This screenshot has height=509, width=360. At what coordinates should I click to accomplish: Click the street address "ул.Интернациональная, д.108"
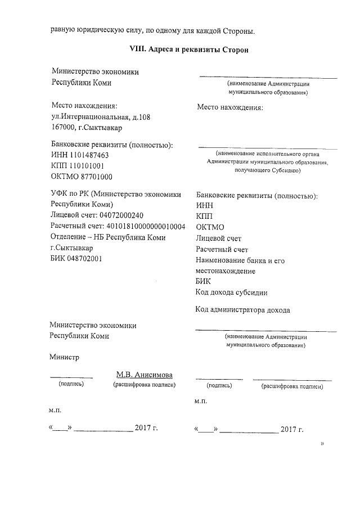pyautogui.click(x=101, y=117)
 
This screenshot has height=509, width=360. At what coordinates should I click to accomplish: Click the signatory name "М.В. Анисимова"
pyautogui.click(x=145, y=375)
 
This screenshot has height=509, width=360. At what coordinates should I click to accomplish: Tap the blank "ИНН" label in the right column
pyautogui.click(x=204, y=206)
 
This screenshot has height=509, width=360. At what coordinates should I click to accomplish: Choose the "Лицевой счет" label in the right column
pyautogui.click(x=218, y=238)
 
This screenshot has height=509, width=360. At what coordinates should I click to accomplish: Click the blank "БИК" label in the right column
pyautogui.click(x=203, y=282)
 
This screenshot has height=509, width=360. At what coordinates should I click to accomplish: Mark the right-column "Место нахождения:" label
pyautogui.click(x=230, y=107)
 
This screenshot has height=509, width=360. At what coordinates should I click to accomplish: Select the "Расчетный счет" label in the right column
pyautogui.click(x=222, y=249)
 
